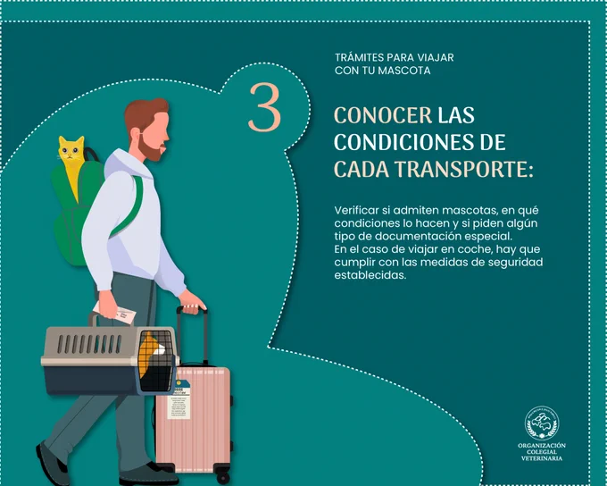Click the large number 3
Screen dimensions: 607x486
click(265, 107)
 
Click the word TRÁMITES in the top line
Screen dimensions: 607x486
click(359, 57)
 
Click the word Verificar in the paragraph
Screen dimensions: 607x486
click(356, 211)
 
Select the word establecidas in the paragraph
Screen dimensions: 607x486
click(370, 275)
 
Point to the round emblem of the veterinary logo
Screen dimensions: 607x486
click(542, 423)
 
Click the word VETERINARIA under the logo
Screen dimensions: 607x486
click(542, 458)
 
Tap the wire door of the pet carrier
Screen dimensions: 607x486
click(155, 361)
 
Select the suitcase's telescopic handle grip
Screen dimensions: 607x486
click(192, 309)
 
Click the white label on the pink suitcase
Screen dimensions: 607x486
click(179, 407)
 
